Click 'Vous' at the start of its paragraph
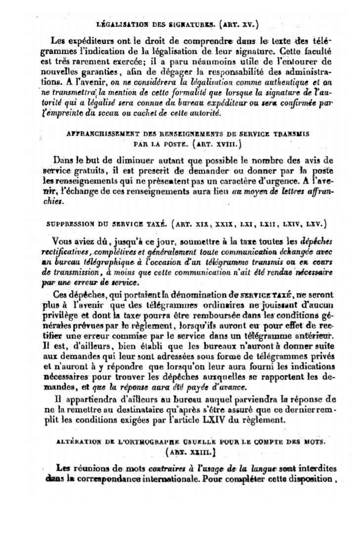[62, 242]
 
